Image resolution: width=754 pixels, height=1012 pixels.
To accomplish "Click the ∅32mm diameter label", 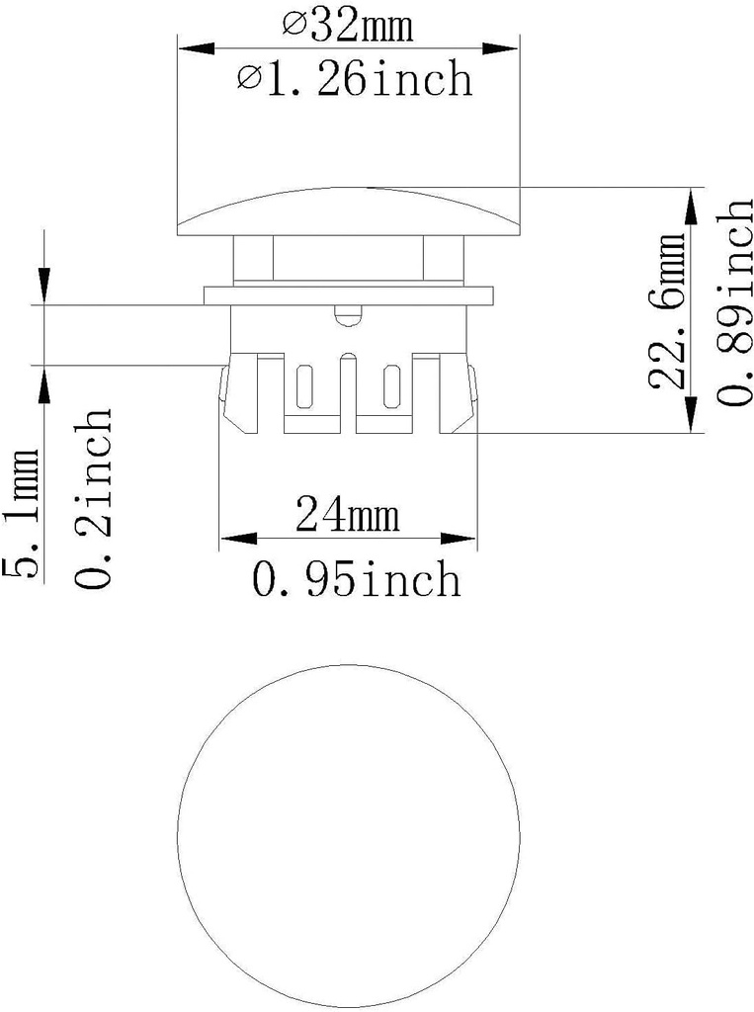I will pyautogui.click(x=349, y=26).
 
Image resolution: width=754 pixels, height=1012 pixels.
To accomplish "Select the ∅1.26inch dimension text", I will pyautogui.click(x=354, y=79).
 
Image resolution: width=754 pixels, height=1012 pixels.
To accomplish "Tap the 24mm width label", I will pyautogui.click(x=347, y=515).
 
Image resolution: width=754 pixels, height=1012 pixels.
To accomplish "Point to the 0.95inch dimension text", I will pyautogui.click(x=356, y=580).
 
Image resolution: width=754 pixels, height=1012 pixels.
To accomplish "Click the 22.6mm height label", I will pyautogui.click(x=671, y=312).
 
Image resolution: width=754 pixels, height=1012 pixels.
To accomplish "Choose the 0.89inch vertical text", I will pyautogui.click(x=736, y=302).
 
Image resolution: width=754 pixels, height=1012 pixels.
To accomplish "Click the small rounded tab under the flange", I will pyautogui.click(x=347, y=315).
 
